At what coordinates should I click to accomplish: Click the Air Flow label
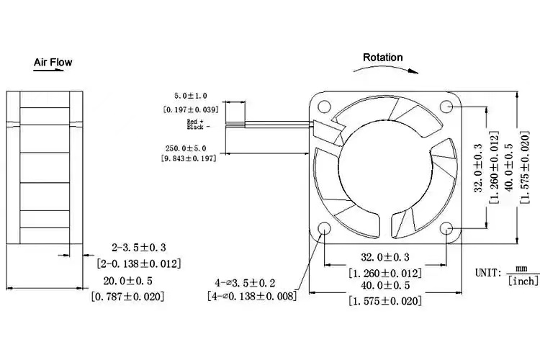53,63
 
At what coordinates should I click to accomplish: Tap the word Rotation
382,58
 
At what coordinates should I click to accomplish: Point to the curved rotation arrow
385,69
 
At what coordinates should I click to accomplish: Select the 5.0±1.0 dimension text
190,95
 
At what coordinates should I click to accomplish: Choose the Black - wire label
197,127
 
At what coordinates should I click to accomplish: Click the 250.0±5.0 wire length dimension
190,148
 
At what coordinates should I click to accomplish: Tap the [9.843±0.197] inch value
190,160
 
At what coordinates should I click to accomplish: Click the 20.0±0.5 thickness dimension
128,280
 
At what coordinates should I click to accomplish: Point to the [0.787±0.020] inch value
128,296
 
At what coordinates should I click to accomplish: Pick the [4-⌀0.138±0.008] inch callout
251,296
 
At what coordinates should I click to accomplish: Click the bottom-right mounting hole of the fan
447,230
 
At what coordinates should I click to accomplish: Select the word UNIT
488,273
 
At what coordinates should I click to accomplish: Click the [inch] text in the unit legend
522,280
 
